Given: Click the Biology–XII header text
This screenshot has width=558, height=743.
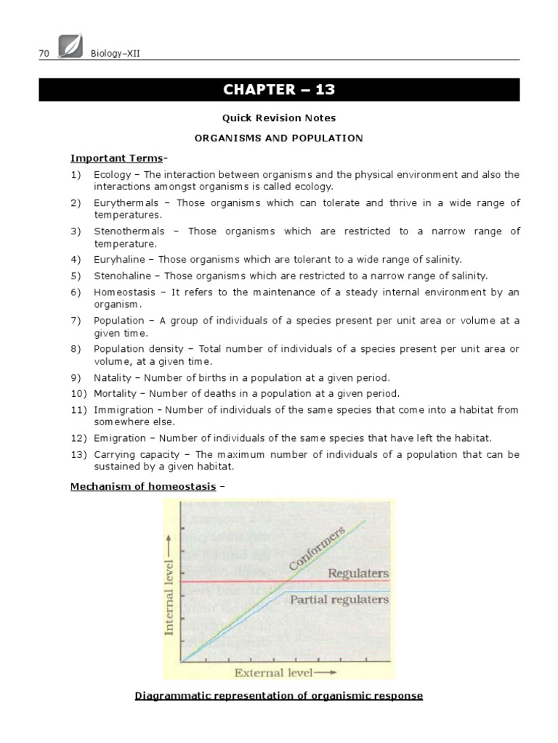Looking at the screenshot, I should pos(116,53).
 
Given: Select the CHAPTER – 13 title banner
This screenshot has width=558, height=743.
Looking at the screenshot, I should pos(278,89).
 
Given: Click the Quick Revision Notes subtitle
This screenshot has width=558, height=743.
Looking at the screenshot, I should pos(278,118).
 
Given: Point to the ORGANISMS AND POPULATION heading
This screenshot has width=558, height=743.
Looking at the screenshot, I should pos(278,137).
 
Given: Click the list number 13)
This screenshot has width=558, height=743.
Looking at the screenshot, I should pos(78,454).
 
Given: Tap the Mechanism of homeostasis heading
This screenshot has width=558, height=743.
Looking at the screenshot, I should pos(142,486).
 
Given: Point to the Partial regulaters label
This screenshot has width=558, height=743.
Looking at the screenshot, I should pos(339,601).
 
